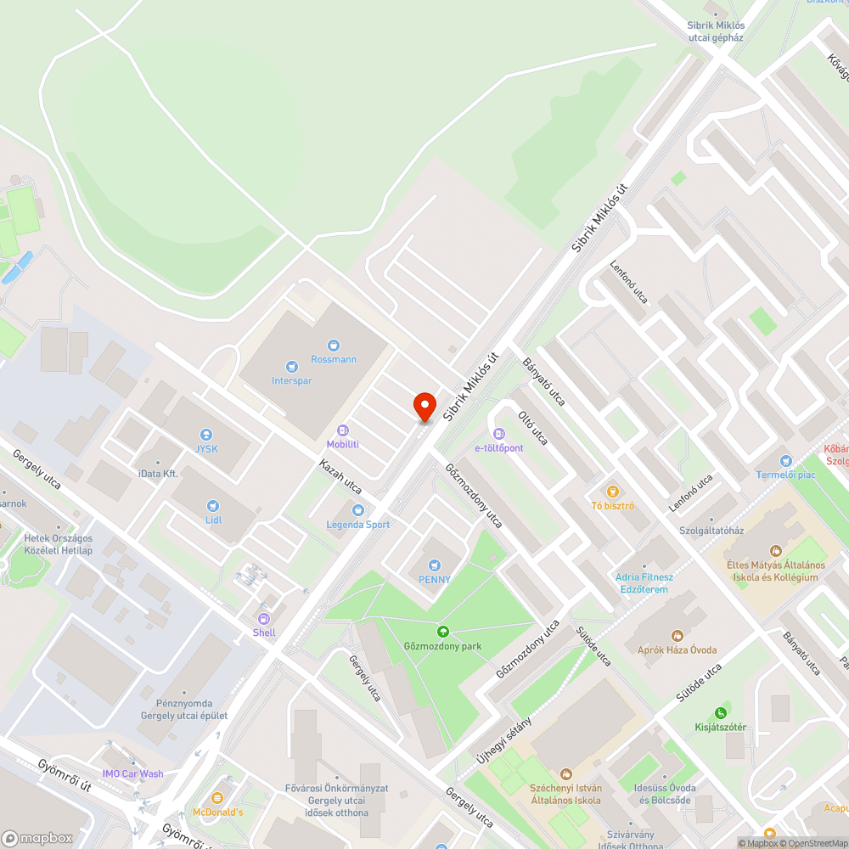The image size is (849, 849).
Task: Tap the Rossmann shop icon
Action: (x=333, y=345)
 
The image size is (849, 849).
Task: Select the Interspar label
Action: (x=291, y=380)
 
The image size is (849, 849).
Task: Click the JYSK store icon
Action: (x=205, y=435)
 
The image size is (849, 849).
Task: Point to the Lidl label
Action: (x=212, y=519)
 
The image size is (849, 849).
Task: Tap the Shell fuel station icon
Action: (x=263, y=618)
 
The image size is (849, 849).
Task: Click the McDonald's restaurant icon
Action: (x=217, y=798)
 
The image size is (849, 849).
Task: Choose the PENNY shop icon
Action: (x=435, y=565)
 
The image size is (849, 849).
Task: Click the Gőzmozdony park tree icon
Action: (x=442, y=632)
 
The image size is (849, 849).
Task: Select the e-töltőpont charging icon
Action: (x=498, y=434)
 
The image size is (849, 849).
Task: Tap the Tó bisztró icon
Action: (x=611, y=492)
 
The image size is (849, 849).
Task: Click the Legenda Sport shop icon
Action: (x=357, y=509)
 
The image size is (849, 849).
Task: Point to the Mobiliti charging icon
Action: (x=342, y=430)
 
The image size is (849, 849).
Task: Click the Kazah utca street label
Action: (x=340, y=477)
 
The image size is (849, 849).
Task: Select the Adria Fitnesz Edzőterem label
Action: (x=644, y=583)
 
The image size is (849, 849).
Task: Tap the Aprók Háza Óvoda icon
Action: (x=678, y=635)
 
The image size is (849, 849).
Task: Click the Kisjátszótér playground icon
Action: (x=721, y=712)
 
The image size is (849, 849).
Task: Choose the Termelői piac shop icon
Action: (x=785, y=460)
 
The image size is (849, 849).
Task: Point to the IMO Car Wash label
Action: (x=132, y=773)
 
